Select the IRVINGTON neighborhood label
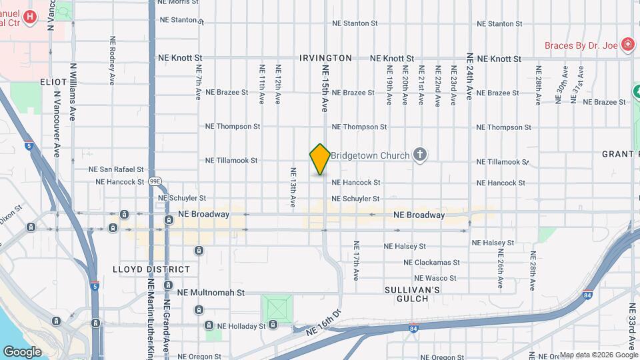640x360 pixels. [x=325, y=58]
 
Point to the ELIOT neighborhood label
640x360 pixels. [x=53, y=82]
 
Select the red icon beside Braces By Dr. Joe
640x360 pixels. [x=627, y=45]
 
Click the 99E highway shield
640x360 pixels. [x=155, y=181]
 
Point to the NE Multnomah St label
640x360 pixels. [x=211, y=292]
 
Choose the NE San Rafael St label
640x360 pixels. [x=121, y=169]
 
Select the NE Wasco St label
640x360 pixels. [x=435, y=278]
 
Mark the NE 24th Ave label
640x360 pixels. [x=469, y=77]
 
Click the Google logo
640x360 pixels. [x=22, y=352]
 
